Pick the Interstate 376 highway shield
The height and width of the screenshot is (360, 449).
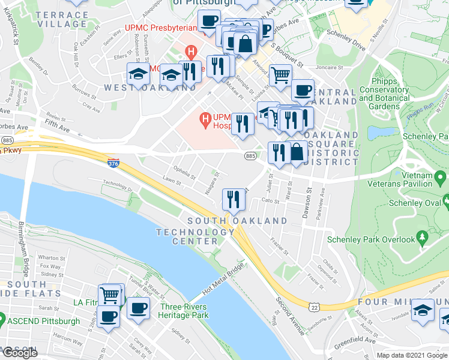coord(113,163)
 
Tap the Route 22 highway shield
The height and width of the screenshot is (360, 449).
coord(314,307)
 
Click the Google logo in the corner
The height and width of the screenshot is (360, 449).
coord(20,353)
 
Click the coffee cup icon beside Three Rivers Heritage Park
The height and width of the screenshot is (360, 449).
coord(138,308)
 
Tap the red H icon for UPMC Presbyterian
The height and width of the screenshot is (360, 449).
coord(191,52)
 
